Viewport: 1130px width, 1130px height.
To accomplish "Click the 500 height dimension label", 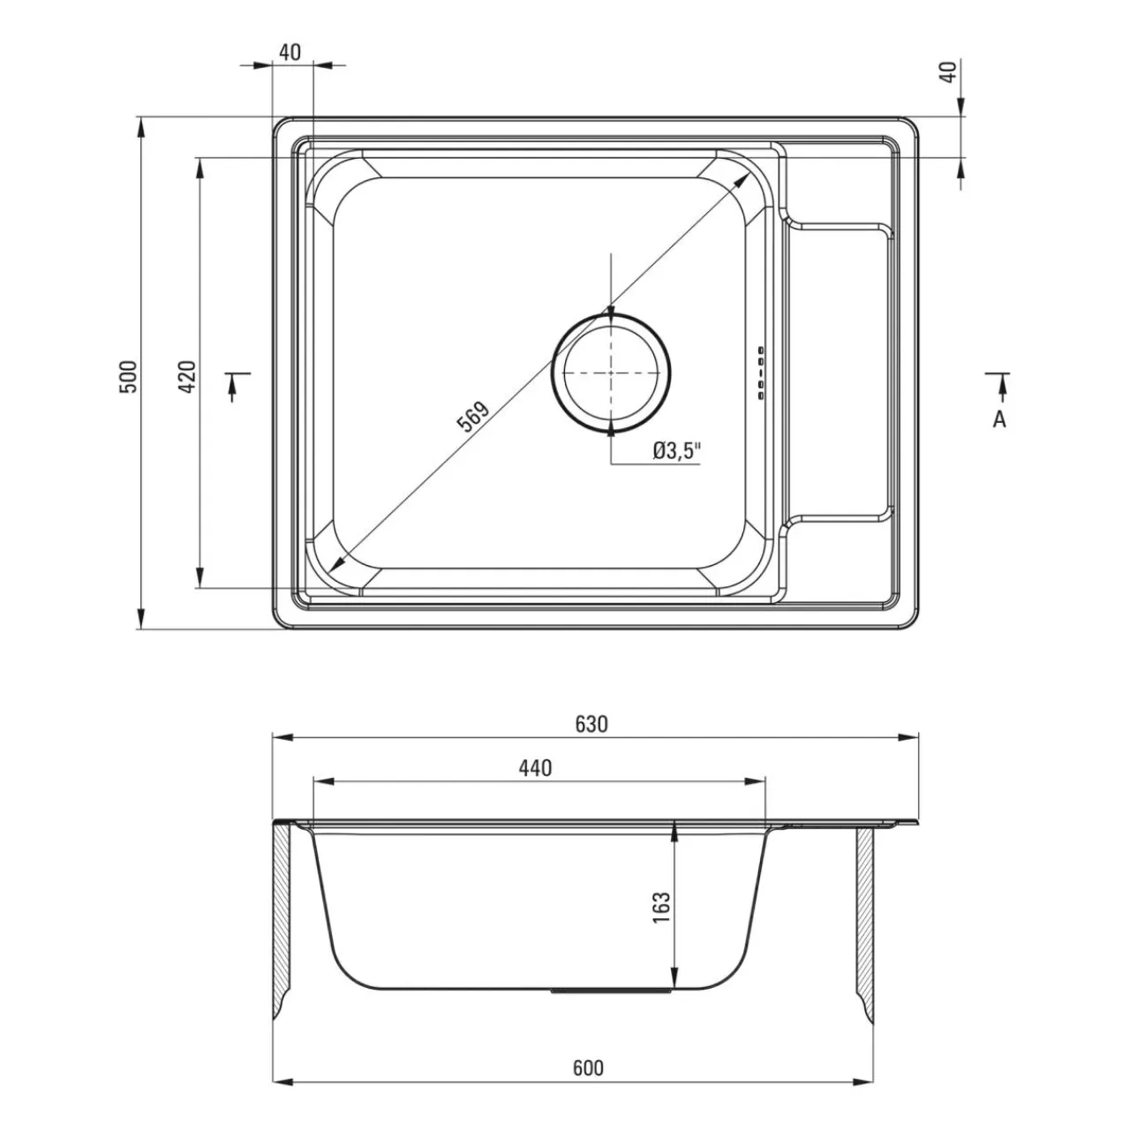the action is point(128,376).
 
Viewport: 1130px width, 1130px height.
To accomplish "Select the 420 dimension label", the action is point(187,376).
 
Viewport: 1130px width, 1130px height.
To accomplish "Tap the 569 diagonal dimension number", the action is point(472,417).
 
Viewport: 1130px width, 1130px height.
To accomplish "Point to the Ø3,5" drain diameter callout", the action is point(677,451).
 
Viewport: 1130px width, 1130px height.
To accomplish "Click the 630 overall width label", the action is point(591,725).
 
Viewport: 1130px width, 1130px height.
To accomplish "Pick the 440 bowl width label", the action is point(535,768).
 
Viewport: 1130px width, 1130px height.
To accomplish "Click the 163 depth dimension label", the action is point(661,908).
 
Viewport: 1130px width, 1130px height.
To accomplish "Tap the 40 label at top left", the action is point(290,52).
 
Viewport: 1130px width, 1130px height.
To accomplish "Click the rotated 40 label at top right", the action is point(949,72).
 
